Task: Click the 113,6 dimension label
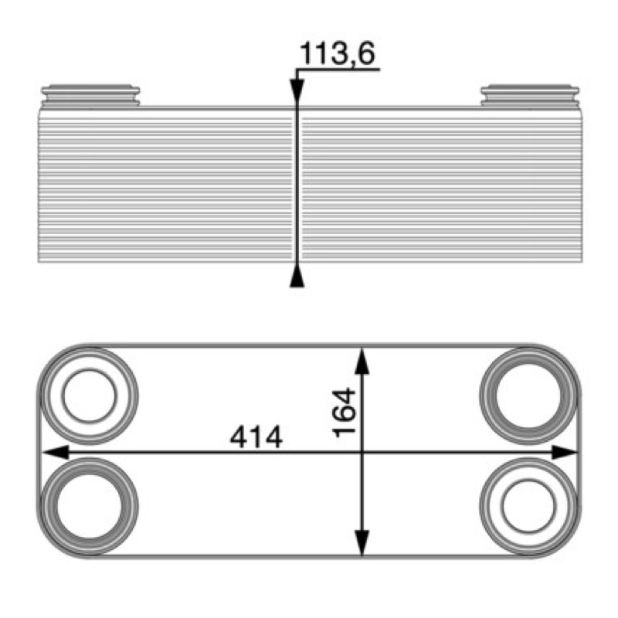[x=338, y=53]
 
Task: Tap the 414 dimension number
[x=256, y=437]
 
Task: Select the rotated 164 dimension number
[x=344, y=413]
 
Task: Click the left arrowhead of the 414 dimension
[x=56, y=453]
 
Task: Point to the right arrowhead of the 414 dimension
[x=565, y=453]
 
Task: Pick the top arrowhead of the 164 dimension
[x=362, y=361]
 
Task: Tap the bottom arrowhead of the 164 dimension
[x=362, y=543]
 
